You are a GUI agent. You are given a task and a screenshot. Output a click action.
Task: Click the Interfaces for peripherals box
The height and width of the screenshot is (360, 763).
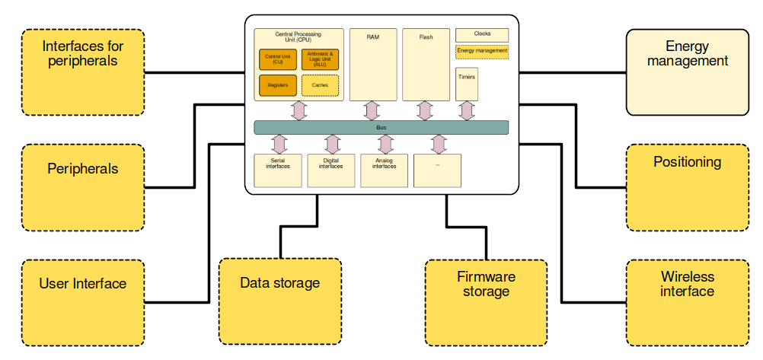[83, 72]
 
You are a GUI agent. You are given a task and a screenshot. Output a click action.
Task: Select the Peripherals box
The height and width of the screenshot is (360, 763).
[83, 187]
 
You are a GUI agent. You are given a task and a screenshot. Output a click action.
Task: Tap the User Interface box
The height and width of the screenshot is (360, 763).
[83, 302]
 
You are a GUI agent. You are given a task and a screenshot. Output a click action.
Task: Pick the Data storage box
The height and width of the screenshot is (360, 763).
[279, 301]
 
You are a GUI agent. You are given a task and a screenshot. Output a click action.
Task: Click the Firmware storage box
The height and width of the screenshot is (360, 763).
[486, 302]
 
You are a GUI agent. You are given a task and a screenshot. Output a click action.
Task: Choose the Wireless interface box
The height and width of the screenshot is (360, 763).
[687, 302]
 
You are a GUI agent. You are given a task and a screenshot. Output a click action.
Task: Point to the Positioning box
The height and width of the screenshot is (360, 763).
[687, 187]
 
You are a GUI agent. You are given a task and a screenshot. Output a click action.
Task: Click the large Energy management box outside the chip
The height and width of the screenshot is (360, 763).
[687, 72]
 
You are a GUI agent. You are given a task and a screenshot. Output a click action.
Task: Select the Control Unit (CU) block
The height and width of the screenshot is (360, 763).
[277, 59]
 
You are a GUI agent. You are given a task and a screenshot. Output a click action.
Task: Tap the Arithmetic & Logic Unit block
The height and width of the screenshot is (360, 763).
[320, 59]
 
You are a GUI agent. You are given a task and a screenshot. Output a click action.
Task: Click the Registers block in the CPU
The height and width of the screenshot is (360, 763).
[277, 85]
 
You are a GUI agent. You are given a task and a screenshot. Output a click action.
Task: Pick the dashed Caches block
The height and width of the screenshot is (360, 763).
[320, 85]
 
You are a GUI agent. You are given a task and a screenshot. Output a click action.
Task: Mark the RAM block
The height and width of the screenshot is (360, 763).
[372, 65]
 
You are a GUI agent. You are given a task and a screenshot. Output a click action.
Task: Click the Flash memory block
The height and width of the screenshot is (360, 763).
[426, 65]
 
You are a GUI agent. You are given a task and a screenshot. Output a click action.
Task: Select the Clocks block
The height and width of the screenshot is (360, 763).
[482, 35]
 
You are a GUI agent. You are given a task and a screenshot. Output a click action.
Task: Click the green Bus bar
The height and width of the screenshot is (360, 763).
[381, 127]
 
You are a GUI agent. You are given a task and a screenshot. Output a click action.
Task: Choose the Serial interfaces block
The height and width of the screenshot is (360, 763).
[277, 170]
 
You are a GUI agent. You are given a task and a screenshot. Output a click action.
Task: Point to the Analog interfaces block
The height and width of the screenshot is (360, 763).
[384, 170]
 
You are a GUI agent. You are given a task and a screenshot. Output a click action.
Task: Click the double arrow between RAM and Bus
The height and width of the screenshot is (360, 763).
[372, 110]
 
